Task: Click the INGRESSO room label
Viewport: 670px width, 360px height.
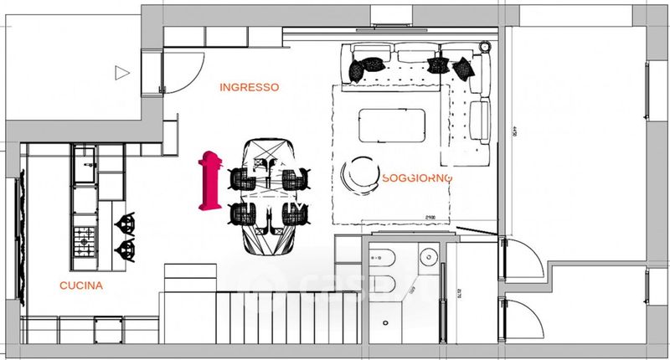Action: click(x=249, y=87)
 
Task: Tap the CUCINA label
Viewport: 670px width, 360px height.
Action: click(x=81, y=286)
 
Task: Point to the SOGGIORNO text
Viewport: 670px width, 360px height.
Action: click(x=417, y=178)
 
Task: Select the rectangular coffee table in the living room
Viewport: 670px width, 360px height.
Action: click(x=391, y=125)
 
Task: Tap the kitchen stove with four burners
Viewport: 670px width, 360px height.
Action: click(x=85, y=242)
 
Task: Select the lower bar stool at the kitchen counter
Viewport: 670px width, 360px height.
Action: click(x=124, y=248)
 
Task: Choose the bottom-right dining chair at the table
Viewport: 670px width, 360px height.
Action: click(x=293, y=213)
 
